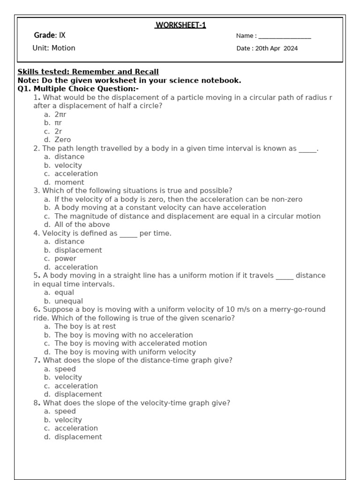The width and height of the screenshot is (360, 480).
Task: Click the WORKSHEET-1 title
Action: [x=180, y=25]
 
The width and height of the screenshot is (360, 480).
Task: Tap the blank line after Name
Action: [x=285, y=37]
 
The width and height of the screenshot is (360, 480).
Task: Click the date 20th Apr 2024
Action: [x=277, y=48]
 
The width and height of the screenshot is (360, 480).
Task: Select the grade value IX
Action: [x=62, y=36]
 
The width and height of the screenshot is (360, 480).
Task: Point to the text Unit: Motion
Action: [x=54, y=48]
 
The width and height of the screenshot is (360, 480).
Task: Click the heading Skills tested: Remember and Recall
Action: [x=88, y=72]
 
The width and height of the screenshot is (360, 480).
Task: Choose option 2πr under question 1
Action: [x=60, y=114]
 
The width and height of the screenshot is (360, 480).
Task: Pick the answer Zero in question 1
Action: [x=62, y=140]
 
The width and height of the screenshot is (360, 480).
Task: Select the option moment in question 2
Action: [x=69, y=182]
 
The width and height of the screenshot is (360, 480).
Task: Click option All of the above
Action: [x=82, y=225]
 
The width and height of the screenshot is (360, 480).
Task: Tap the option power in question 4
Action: [x=65, y=258]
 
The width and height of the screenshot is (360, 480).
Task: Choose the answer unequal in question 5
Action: [x=68, y=301]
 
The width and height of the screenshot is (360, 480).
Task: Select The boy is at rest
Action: [x=85, y=326]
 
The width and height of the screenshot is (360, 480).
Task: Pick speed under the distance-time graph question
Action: [x=65, y=369]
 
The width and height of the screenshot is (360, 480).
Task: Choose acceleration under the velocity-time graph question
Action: [x=76, y=428]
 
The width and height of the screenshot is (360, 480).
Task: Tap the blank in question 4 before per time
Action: [x=128, y=233]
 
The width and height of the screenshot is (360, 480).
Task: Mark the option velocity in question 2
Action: [x=68, y=165]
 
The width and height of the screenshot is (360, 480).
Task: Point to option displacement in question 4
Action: [x=78, y=250]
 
